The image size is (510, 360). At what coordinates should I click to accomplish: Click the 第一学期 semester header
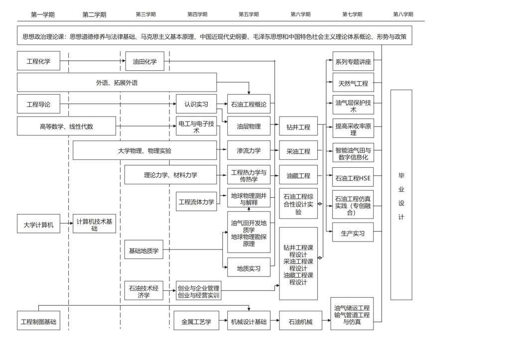pyautogui.click(x=42, y=14)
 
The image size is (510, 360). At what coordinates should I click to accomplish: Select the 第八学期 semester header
pyautogui.click(x=403, y=14)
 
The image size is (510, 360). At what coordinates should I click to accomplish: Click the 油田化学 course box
pyautogui.click(x=144, y=62)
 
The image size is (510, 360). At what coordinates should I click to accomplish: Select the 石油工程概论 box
pyautogui.click(x=249, y=105)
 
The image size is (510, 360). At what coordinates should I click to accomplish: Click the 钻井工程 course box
pyautogui.click(x=298, y=127)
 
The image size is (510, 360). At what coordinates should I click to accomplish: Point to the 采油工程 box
pyautogui.click(x=298, y=151)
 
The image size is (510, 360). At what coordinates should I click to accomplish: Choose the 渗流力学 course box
pyautogui.click(x=249, y=150)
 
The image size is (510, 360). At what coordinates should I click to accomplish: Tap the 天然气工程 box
pyautogui.click(x=353, y=83)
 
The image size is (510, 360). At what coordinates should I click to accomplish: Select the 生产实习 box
pyautogui.click(x=353, y=233)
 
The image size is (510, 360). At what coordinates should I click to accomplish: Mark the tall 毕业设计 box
pyautogui.click(x=401, y=195)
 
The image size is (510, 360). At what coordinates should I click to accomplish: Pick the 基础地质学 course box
pyautogui.click(x=143, y=250)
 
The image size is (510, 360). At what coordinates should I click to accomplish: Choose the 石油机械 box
pyautogui.click(x=298, y=322)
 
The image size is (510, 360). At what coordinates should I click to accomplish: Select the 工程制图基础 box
pyautogui.click(x=38, y=322)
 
